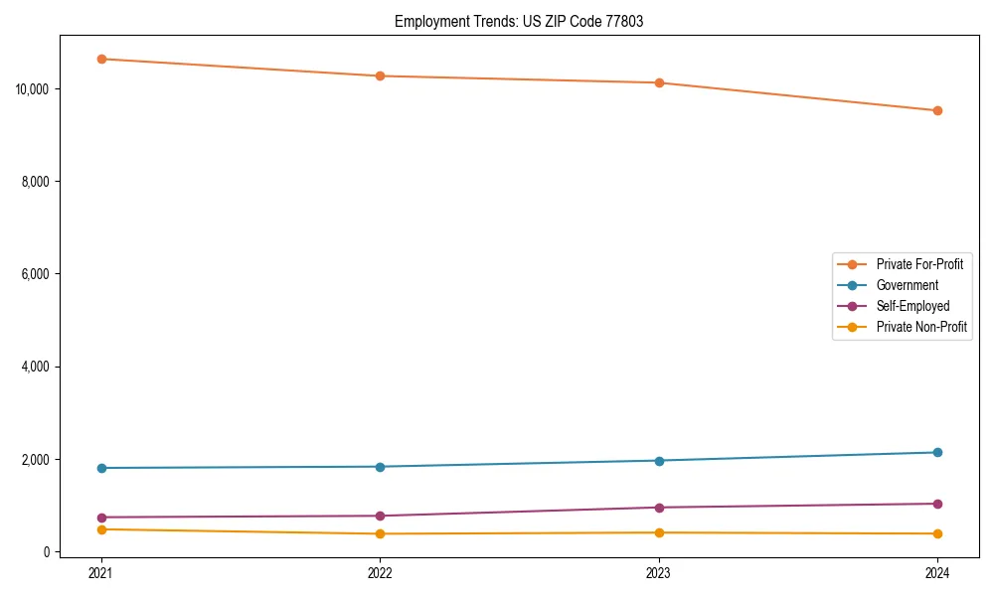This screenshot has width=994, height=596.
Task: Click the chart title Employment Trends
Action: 519,21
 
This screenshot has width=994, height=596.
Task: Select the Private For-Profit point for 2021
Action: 101,59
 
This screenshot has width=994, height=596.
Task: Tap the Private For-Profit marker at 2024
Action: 937,110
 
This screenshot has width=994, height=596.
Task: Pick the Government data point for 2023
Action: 659,460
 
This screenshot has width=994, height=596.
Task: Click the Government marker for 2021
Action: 101,468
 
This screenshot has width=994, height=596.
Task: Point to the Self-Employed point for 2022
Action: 380,516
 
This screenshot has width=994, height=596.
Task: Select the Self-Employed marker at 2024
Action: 937,504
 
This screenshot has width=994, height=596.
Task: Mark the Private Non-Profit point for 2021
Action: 101,529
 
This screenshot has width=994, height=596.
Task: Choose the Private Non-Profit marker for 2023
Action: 659,532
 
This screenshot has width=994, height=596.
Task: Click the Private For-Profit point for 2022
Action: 380,75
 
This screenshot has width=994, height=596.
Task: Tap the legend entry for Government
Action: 907,285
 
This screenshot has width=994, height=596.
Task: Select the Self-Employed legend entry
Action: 912,306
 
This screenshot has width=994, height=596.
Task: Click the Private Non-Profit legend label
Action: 921,327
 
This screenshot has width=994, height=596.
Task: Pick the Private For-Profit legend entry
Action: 919,264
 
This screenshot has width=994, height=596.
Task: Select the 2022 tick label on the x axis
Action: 380,572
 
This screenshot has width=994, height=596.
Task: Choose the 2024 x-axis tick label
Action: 937,572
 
